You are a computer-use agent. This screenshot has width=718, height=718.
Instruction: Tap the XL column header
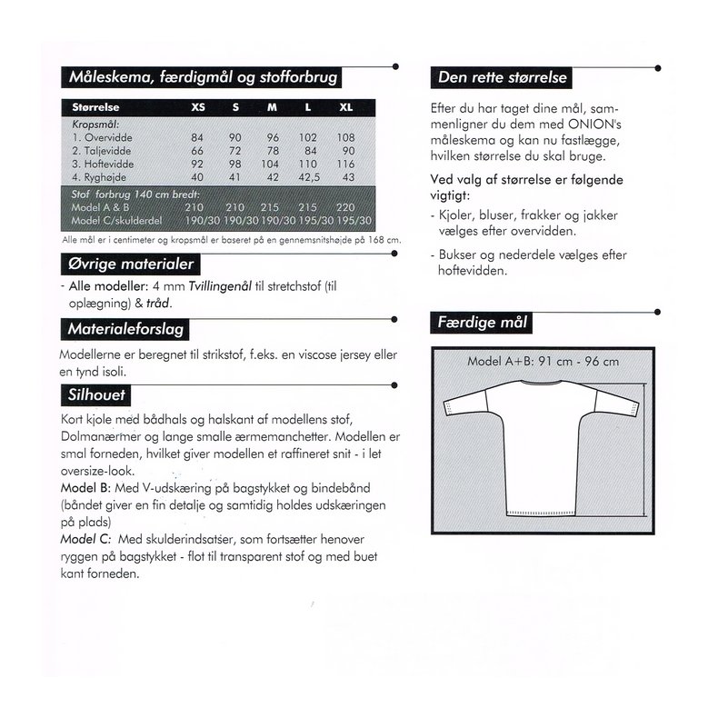pyautogui.click(x=345, y=107)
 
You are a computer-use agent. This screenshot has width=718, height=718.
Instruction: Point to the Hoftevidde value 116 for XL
pyautogui.click(x=345, y=162)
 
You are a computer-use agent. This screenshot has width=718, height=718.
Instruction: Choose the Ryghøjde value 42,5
pyautogui.click(x=309, y=176)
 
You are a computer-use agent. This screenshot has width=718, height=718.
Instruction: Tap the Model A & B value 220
pyautogui.click(x=345, y=207)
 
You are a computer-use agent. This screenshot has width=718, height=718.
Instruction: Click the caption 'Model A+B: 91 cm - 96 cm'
pyautogui.click(x=543, y=361)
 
